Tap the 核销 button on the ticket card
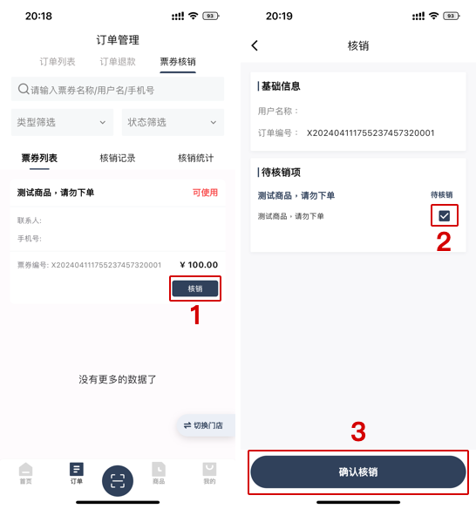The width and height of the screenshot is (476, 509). tap(194, 288)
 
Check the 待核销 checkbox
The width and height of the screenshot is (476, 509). tap(444, 215)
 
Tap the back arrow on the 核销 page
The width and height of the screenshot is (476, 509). tap(255, 45)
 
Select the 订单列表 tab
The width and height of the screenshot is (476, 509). tap(58, 62)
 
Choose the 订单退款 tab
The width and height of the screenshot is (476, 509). tap(118, 62)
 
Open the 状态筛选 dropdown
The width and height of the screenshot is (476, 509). tap(172, 123)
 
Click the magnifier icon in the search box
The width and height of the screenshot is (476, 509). tap(23, 89)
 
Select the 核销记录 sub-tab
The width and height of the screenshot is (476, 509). tap(117, 158)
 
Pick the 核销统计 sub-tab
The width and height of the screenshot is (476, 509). tap(195, 158)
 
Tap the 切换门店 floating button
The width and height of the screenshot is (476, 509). tap(203, 425)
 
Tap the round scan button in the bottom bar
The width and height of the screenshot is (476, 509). tap(118, 480)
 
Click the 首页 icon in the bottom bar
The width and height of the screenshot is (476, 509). tap(26, 472)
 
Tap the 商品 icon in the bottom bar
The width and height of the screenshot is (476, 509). tap(158, 472)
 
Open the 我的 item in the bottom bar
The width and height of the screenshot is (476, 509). tap(209, 472)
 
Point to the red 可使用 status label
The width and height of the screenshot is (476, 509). tap(205, 193)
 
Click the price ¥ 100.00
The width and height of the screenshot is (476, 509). tap(199, 265)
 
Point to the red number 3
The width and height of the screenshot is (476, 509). tap(358, 431)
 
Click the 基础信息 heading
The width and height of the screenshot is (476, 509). tap(280, 86)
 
